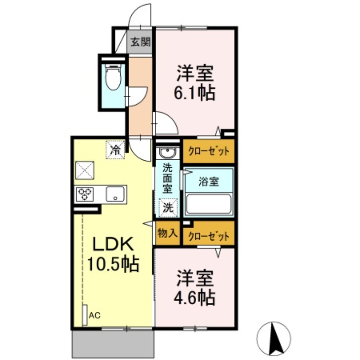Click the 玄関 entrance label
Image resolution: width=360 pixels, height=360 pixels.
pos(140,43)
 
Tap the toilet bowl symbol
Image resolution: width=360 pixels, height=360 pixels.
pos(112,78)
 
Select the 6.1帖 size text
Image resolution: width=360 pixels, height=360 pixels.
pos(195,93)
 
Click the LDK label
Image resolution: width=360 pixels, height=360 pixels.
pos(112,245)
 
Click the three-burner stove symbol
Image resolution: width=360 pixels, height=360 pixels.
pos(84,194)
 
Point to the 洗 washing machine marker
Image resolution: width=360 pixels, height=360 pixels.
pos(167,207)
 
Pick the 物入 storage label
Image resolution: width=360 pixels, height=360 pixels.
pos(168,233)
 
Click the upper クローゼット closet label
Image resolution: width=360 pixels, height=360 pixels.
pos(209,151)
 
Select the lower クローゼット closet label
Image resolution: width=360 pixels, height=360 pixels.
pos(209,236)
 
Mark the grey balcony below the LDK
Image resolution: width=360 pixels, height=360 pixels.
pos(112,344)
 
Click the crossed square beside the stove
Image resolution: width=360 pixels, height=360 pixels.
pos(84,170)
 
